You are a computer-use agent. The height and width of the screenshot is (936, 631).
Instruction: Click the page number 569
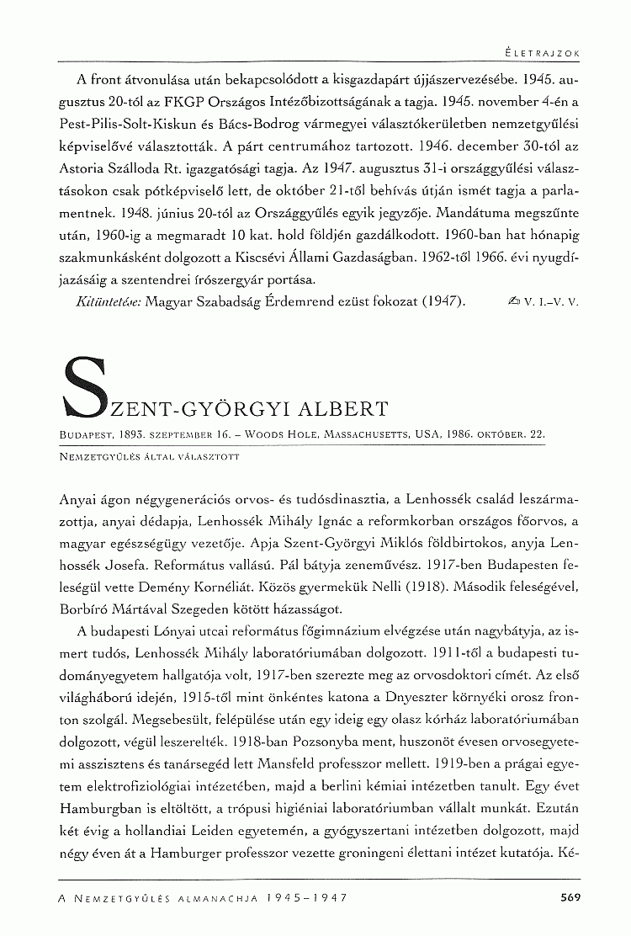click(570, 897)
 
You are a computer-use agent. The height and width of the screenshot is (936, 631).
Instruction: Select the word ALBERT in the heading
click(344, 410)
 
